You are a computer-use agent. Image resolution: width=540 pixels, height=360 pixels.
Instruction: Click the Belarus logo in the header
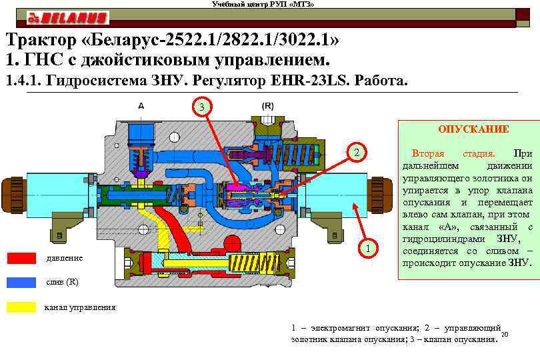coord(67,17)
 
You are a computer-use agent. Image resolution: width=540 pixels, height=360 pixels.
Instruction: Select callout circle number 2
coord(357,153)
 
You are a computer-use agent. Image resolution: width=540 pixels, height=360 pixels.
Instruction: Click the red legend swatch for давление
coord(21,258)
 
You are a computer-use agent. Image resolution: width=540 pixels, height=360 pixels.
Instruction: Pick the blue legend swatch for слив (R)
coord(21,282)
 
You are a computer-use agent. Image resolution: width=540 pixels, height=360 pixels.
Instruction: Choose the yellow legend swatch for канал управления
coord(21,307)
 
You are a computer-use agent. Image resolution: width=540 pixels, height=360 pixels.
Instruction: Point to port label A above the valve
coord(141,105)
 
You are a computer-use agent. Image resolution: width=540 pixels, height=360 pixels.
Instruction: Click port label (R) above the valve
coord(267,105)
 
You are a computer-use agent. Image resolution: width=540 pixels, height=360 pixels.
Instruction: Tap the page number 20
coord(504,335)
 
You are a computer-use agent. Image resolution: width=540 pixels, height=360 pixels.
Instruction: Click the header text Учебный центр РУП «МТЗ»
coord(263,5)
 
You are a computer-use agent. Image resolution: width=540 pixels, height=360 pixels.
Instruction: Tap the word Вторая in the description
coord(428,154)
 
